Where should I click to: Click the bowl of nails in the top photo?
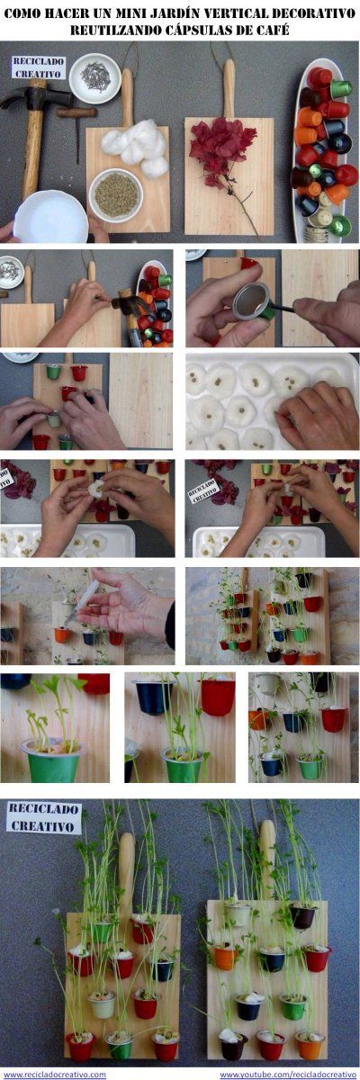(x=94, y=78)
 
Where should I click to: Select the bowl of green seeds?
(x=116, y=194)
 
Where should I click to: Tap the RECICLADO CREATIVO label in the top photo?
(x=38, y=67)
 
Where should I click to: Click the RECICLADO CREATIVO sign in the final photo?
(x=43, y=817)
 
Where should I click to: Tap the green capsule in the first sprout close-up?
(x=51, y=760)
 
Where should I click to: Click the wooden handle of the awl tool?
(x=76, y=112)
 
